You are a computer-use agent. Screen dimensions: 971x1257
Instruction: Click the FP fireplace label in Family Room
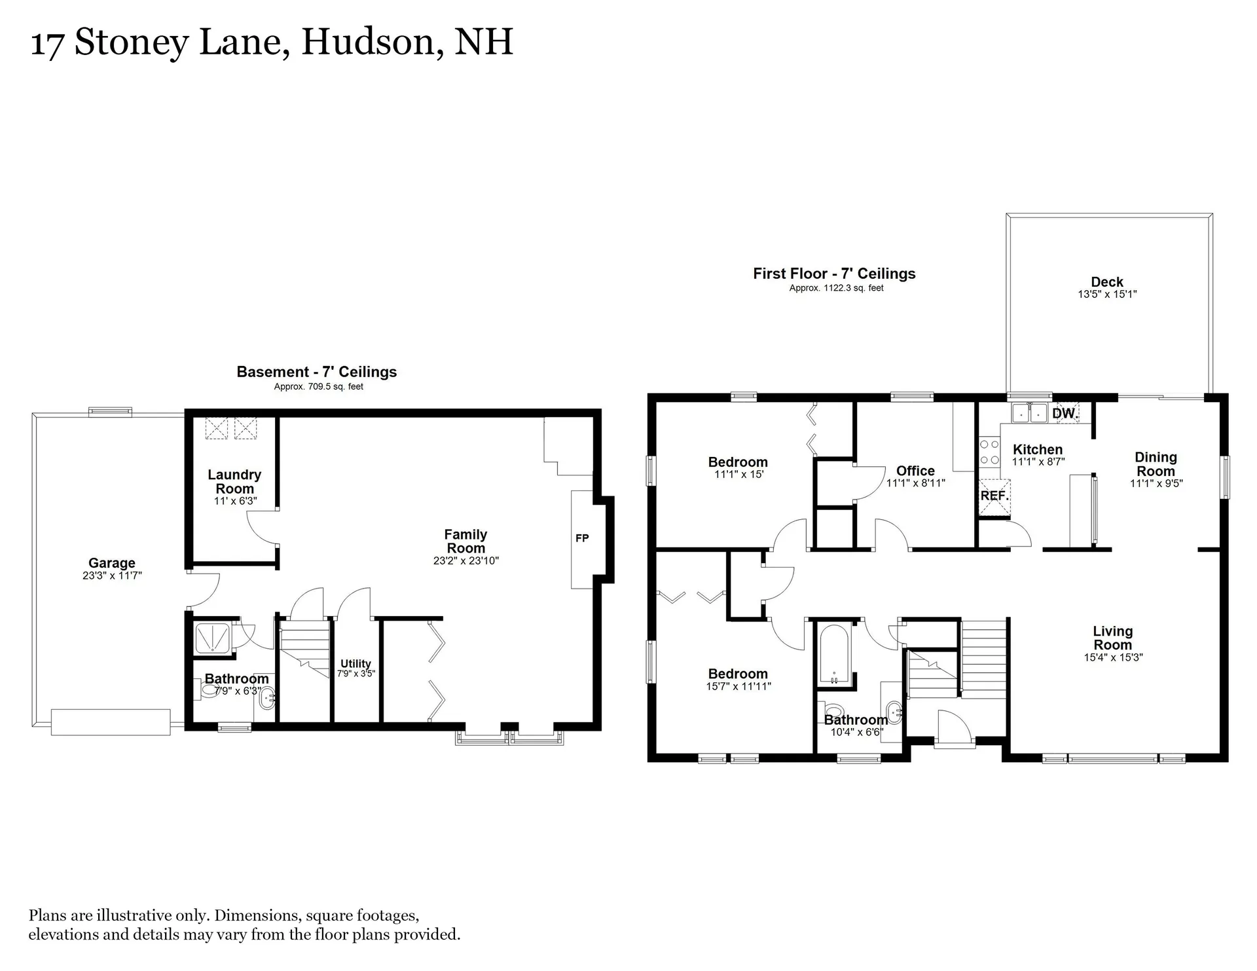click(x=582, y=538)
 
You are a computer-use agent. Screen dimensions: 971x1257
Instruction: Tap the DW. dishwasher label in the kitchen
click(x=1065, y=414)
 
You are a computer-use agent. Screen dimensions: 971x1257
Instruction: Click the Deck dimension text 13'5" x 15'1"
click(x=1107, y=295)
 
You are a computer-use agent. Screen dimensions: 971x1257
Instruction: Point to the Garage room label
click(x=112, y=563)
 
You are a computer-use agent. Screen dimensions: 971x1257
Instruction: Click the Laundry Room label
click(x=234, y=482)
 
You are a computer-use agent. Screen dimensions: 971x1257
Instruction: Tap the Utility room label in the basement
click(x=355, y=663)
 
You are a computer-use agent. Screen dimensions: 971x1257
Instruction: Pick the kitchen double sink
click(x=1030, y=414)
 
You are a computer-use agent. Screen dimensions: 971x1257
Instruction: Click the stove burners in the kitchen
click(x=989, y=452)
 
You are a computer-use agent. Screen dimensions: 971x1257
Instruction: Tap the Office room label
click(x=915, y=471)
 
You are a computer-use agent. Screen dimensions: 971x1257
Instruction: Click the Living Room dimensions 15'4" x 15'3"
click(x=1113, y=657)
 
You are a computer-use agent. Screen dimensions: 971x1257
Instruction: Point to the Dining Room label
click(x=1156, y=464)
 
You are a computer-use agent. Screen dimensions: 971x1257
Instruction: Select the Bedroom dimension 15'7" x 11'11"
click(x=738, y=687)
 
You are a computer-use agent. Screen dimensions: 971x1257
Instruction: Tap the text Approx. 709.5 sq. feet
click(x=318, y=387)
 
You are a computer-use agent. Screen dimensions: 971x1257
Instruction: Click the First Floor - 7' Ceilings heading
click(x=834, y=274)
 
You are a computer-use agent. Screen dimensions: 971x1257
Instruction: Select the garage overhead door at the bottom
click(x=111, y=722)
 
